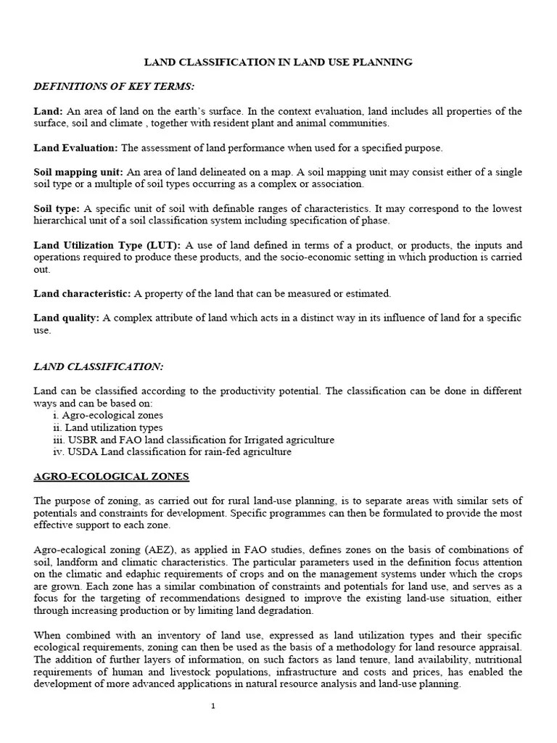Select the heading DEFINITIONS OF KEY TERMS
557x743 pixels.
point(114,86)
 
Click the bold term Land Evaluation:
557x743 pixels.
point(75,148)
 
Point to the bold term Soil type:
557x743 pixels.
point(57,209)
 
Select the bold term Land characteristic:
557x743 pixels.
point(82,294)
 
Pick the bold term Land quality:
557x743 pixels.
point(67,319)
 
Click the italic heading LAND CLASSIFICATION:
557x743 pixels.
point(99,366)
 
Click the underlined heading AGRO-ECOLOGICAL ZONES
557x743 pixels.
point(112,477)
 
